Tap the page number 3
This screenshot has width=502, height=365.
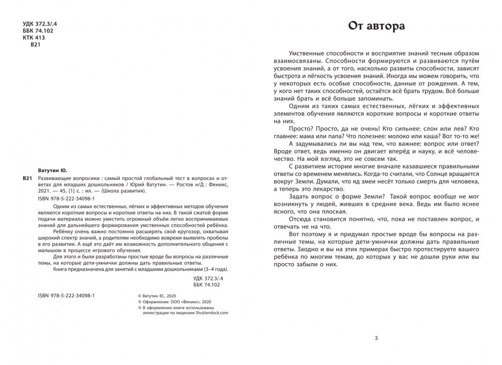(376, 337)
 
